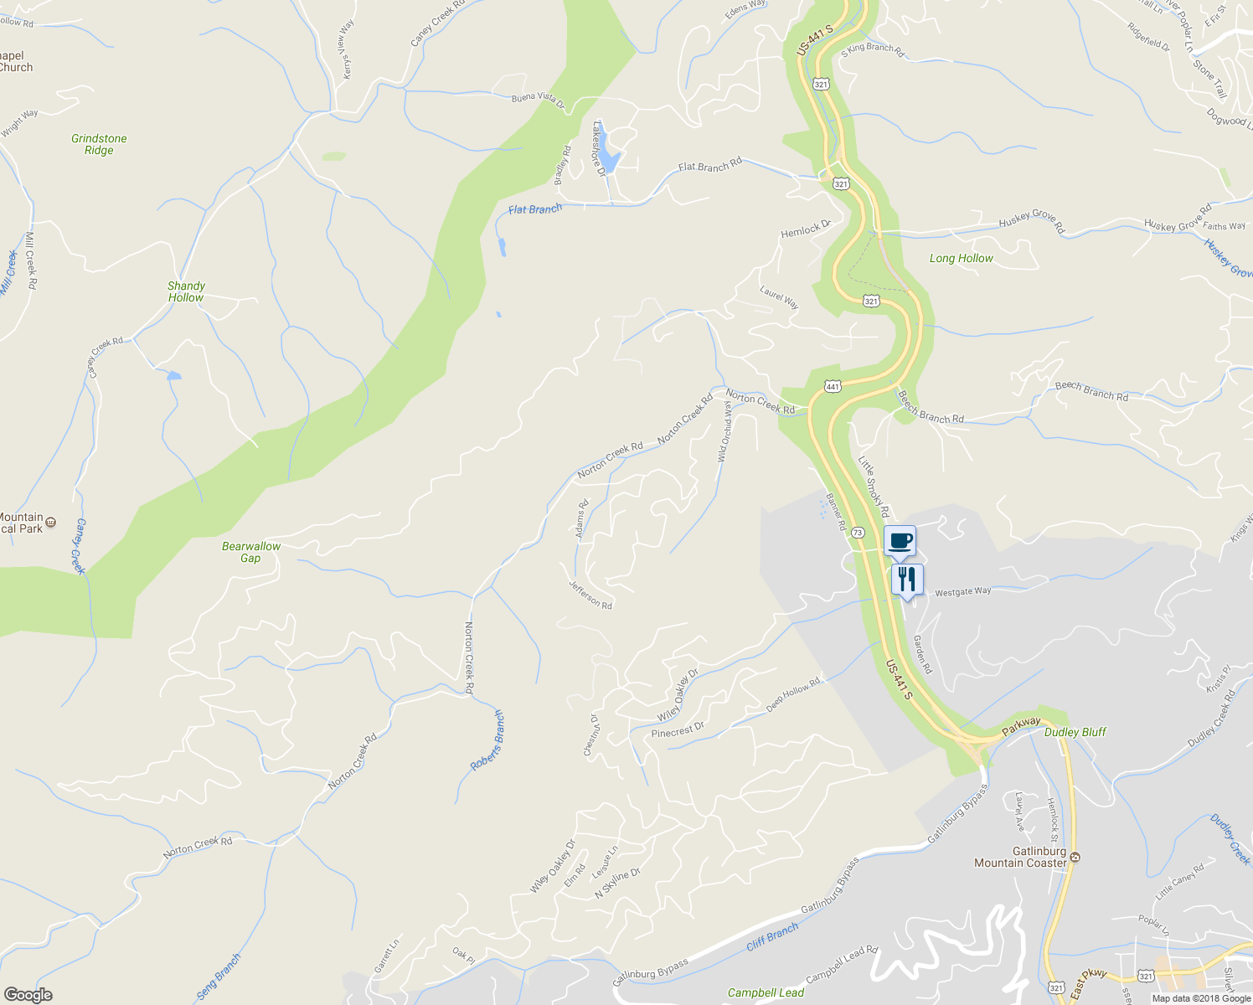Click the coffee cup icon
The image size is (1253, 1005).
pyautogui.click(x=900, y=541)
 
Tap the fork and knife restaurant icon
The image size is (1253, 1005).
pyautogui.click(x=907, y=580)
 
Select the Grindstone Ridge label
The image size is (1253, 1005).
pyautogui.click(x=99, y=145)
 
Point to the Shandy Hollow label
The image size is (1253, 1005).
pyautogui.click(x=186, y=291)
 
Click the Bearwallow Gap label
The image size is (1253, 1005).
pyautogui.click(x=250, y=552)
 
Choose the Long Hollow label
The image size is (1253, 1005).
pyautogui.click(x=961, y=259)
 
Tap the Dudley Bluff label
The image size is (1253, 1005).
pyautogui.click(x=1075, y=732)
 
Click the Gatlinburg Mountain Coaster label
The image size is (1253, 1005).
pyautogui.click(x=1020, y=857)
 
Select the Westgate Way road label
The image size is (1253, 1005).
pyautogui.click(x=962, y=591)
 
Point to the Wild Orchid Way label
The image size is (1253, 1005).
pyautogui.click(x=725, y=430)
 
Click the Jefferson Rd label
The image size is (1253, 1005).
pyautogui.click(x=590, y=595)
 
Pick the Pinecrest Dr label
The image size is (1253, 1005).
pyautogui.click(x=678, y=730)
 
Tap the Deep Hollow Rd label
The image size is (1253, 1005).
pyautogui.click(x=793, y=695)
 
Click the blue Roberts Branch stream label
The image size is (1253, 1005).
pyautogui.click(x=487, y=740)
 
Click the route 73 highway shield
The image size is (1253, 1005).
pyautogui.click(x=858, y=533)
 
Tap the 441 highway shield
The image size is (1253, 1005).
pyautogui.click(x=832, y=386)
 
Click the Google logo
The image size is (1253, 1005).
pyautogui.click(x=28, y=994)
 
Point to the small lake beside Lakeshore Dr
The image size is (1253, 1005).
pyautogui.click(x=610, y=161)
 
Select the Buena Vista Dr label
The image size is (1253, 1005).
pyautogui.click(x=539, y=100)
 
